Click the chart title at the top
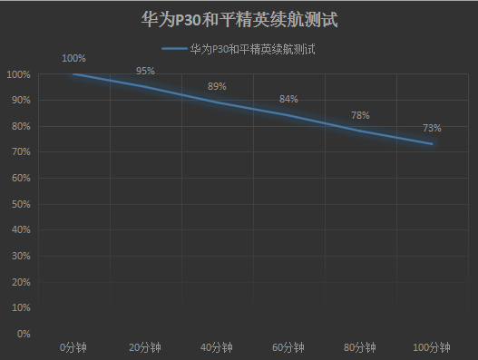click(239, 19)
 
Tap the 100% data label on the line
click(73, 59)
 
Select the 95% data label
click(145, 71)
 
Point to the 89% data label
click(217, 87)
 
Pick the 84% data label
click(288, 100)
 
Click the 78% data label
click(360, 115)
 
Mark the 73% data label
click(432, 128)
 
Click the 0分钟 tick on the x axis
click(73, 347)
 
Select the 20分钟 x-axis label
click(145, 347)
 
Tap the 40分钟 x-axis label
click(217, 347)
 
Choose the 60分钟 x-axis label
click(288, 347)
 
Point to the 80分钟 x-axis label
click(360, 347)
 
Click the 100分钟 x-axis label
click(432, 347)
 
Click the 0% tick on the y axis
click(23, 334)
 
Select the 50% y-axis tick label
click(20, 204)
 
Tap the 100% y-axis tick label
click(18, 74)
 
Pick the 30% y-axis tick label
click(20, 256)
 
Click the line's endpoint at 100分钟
click(432, 144)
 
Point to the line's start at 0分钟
click(73, 74)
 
